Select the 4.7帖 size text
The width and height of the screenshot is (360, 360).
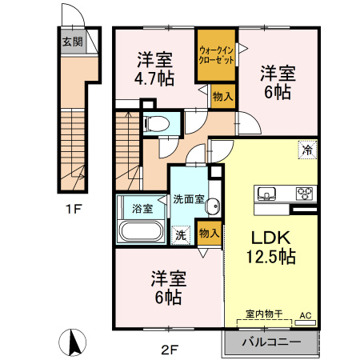coord(155,78)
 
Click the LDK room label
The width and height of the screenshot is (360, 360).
coord(265,238)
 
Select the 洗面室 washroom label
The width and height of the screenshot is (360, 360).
coord(189,199)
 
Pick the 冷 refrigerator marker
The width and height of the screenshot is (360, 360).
coord(306,149)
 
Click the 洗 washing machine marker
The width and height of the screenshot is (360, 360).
coord(181,235)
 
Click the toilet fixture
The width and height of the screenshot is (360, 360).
coord(158,124)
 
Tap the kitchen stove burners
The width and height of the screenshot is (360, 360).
coord(304,194)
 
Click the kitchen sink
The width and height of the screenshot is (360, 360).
coord(266,194)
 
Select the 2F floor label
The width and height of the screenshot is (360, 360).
coord(169,347)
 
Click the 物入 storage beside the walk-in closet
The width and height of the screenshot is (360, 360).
coord(222,96)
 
